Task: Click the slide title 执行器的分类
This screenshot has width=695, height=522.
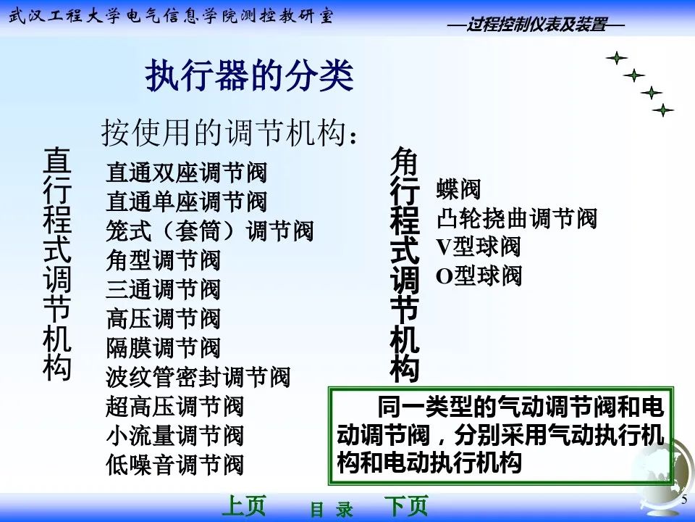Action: [x=250, y=76]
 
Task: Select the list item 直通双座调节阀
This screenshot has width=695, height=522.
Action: [x=187, y=173]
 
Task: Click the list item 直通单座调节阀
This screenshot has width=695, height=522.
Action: [x=187, y=202]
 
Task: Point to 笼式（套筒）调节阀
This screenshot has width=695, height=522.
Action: [x=210, y=231]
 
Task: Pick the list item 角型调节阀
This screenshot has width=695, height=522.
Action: [x=163, y=260]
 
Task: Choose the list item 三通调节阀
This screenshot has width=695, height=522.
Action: [x=163, y=289]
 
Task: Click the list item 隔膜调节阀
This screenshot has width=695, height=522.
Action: [x=163, y=348]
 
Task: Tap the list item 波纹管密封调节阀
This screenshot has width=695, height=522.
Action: [x=198, y=377]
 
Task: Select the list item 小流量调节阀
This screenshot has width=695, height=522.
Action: [x=174, y=435]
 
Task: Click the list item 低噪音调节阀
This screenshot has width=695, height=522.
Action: [x=174, y=464]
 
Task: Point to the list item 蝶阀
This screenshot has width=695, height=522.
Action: [x=458, y=190]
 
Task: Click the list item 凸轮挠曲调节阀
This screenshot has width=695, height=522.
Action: [x=516, y=218]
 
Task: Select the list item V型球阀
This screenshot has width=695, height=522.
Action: [x=478, y=247]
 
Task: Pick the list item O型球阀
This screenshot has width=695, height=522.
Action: [x=479, y=276]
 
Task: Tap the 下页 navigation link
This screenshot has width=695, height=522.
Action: [x=405, y=506]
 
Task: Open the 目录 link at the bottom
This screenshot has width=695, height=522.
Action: [x=332, y=509]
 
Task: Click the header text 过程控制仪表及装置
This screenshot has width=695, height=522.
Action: [x=536, y=25]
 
